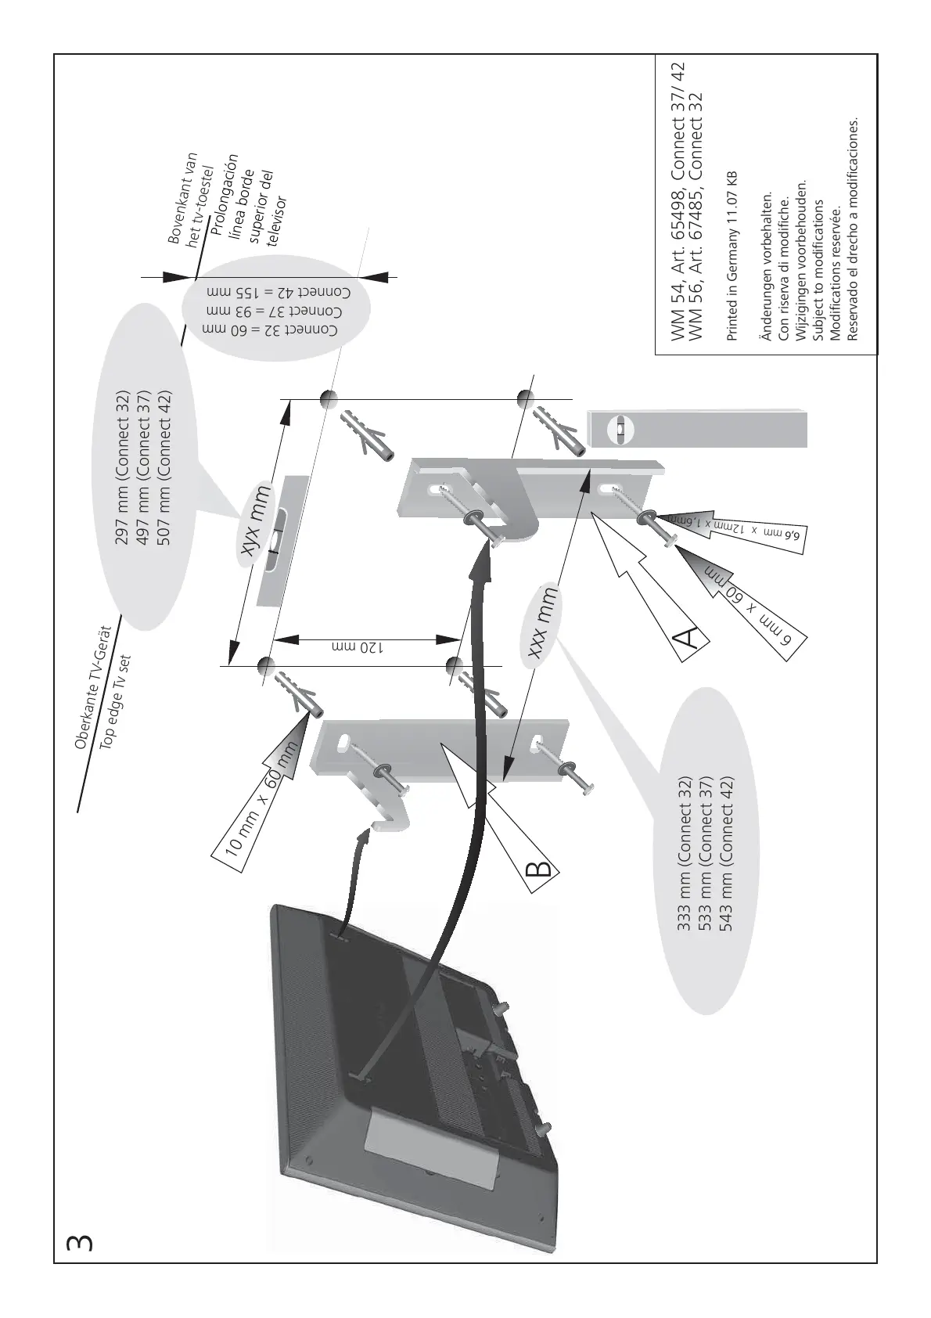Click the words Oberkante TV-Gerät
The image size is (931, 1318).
coord(94,687)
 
